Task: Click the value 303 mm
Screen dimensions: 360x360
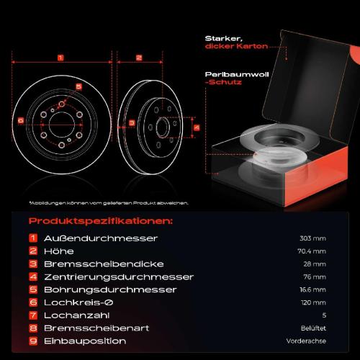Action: pos(312,238)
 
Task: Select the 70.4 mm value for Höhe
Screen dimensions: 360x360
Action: pos(312,251)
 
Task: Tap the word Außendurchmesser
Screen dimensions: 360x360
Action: pos(101,238)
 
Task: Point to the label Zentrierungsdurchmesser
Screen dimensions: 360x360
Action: pos(119,277)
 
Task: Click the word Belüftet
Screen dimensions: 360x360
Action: pos(313,328)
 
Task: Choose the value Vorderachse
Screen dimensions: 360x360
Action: pos(306,341)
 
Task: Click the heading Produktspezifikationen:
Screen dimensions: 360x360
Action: pos(101,221)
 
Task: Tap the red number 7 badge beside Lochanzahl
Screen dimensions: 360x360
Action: pos(33,315)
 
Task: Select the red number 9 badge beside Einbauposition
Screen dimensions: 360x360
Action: pos(33,341)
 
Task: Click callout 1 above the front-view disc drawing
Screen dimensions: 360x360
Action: pos(60,58)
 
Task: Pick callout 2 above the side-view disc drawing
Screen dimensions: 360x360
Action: pos(139,58)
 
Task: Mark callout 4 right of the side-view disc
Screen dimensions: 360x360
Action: pos(197,127)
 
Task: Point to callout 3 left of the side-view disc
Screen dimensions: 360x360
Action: pos(132,123)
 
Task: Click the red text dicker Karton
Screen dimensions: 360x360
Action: pos(236,46)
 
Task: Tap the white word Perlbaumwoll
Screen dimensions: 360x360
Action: pos(237,75)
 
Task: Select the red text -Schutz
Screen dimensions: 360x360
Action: pos(223,82)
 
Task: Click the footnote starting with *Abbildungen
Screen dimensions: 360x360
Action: pos(109,203)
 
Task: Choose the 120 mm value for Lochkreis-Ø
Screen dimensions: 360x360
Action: pos(313,302)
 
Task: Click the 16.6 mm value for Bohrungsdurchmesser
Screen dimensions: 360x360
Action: pos(312,289)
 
